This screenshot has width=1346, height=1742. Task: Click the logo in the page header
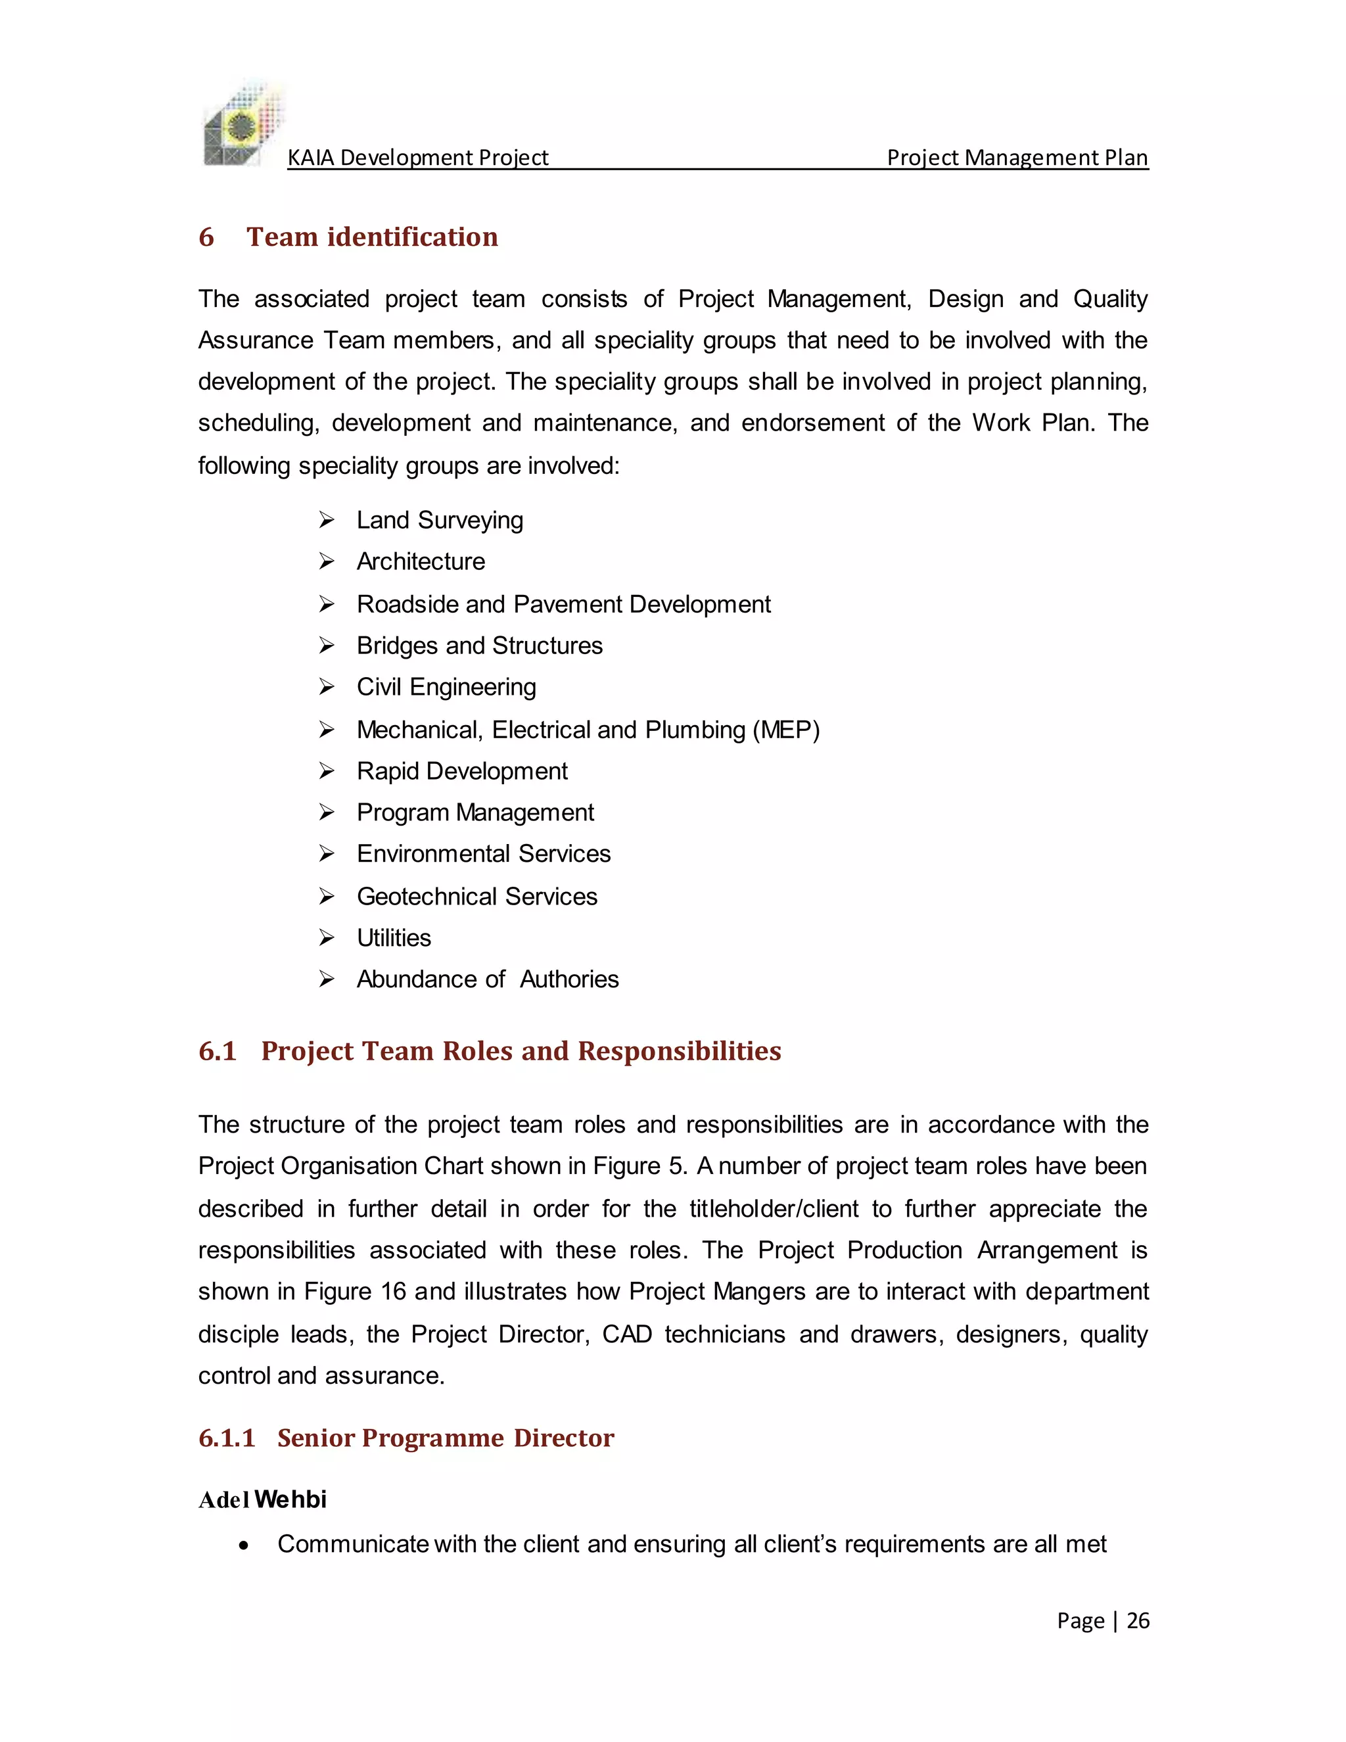pos(243,124)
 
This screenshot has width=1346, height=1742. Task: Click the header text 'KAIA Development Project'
pos(417,158)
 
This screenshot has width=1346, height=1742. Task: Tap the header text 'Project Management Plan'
pos(1017,158)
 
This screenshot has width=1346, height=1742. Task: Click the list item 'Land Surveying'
pos(440,520)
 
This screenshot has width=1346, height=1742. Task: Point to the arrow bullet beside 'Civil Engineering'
pos(326,687)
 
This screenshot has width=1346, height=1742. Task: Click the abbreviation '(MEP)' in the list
pos(786,730)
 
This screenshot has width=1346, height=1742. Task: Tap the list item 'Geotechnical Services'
pos(477,897)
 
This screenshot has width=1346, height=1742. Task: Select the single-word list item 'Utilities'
pos(393,938)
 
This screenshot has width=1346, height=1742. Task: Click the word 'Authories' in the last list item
pos(569,979)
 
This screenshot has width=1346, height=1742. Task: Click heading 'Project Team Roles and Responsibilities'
pos(521,1051)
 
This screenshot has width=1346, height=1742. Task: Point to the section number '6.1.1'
pos(227,1438)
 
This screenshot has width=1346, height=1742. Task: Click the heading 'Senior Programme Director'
pos(445,1438)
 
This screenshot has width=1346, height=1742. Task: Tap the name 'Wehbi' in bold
pos(290,1499)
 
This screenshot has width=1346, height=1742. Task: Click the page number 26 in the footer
pos(1138,1621)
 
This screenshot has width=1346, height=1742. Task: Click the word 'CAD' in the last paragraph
pos(627,1334)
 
